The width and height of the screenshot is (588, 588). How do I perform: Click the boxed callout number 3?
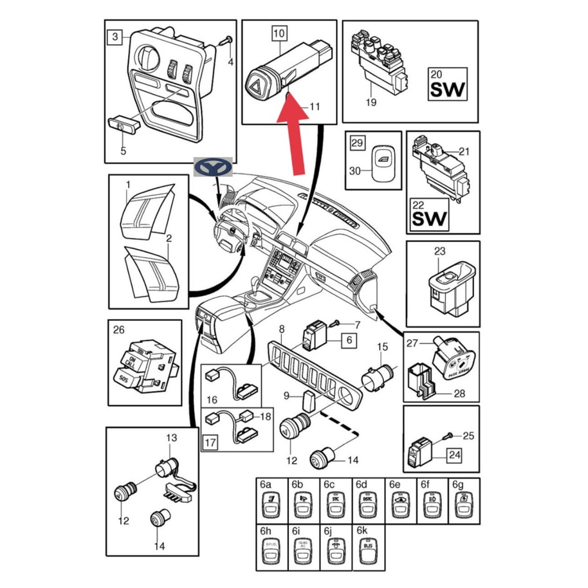click(x=115, y=37)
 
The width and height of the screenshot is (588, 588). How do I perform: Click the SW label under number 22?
click(x=428, y=219)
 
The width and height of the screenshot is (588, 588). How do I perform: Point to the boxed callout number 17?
click(x=210, y=443)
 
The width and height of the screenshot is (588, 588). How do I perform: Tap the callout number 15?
click(x=382, y=347)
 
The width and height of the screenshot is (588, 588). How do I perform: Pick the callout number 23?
click(x=439, y=252)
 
